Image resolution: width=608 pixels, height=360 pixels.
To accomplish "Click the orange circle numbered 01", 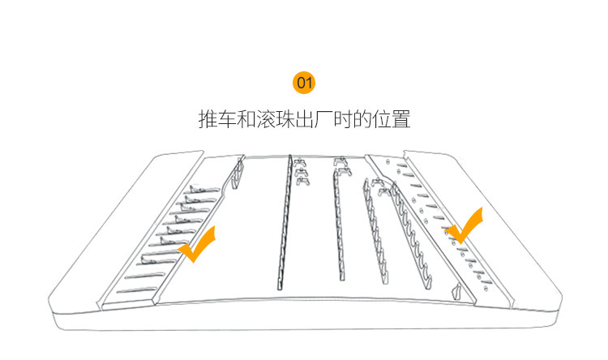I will click(304, 82).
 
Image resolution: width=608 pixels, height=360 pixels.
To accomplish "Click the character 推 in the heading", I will click(208, 121).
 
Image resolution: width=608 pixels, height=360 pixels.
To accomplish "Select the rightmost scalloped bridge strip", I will click(414, 235).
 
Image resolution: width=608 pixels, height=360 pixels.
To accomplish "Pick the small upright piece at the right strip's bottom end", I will click(457, 291).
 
